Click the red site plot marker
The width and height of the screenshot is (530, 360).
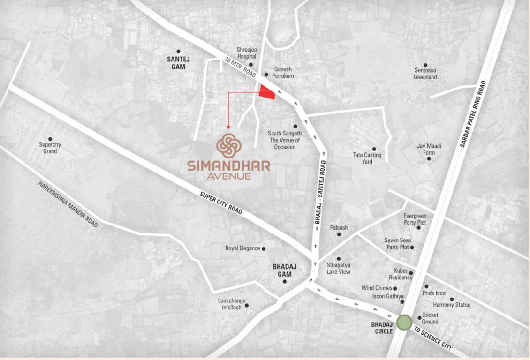(267, 93)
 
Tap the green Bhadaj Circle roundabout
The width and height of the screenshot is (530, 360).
(404, 322)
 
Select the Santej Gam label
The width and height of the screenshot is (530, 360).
(176, 63)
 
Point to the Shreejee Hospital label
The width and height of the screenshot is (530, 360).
(246, 53)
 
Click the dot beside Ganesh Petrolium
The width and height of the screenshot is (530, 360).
(266, 75)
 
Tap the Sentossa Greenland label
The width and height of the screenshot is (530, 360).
(425, 74)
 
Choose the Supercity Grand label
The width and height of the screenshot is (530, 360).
(50, 148)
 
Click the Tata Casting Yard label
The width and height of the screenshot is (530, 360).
(367, 158)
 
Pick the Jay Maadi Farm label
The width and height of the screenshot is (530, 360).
(429, 149)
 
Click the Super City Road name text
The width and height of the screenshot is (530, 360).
(220, 203)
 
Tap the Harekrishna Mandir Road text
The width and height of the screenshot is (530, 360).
(68, 204)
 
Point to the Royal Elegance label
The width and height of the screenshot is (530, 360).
(242, 248)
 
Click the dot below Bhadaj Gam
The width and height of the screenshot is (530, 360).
(284, 281)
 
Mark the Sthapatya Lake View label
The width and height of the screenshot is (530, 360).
(339, 268)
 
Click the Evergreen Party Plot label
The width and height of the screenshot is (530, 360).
(415, 219)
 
